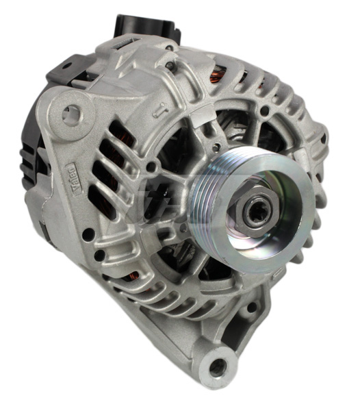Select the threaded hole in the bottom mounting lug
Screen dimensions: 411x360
(x=218, y=366)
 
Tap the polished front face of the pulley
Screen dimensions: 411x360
(x=274, y=226)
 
